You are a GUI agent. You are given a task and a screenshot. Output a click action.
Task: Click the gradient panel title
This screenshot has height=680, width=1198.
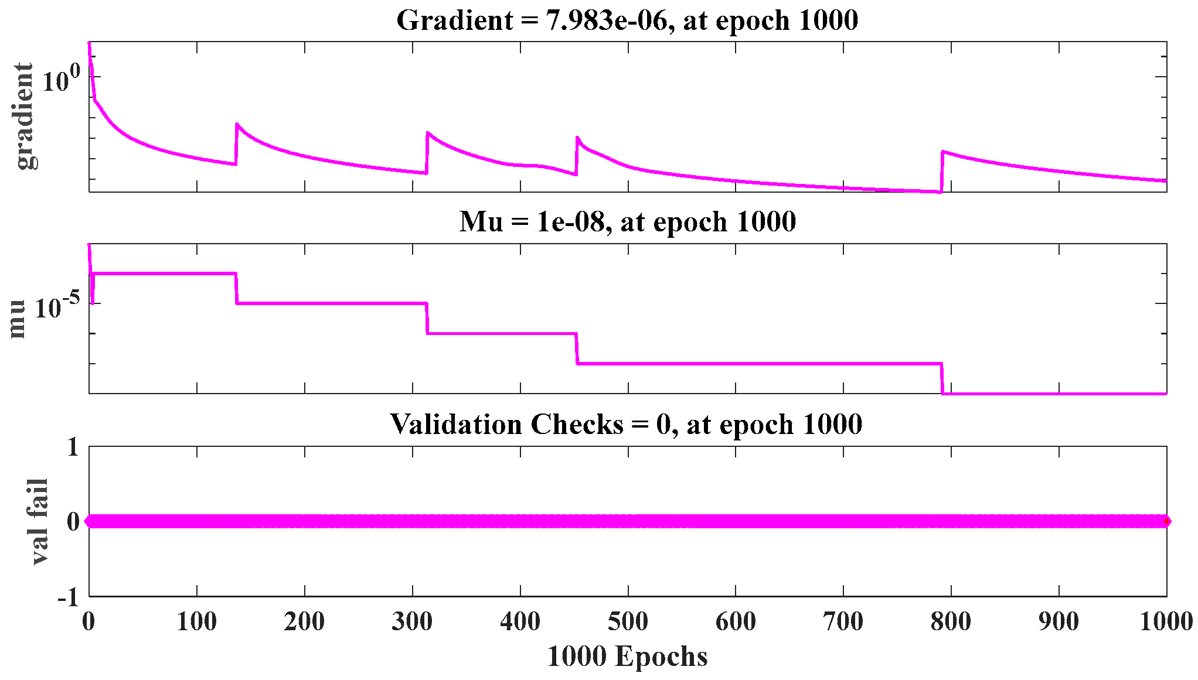(x=627, y=20)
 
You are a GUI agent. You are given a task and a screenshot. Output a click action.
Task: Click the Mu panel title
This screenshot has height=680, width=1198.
(x=627, y=222)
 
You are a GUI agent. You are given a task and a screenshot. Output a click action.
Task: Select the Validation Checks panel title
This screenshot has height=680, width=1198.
(x=626, y=424)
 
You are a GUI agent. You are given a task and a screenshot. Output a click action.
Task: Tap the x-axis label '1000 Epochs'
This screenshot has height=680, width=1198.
(x=627, y=657)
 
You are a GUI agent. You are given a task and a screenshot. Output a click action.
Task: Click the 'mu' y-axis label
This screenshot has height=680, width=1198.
(x=18, y=319)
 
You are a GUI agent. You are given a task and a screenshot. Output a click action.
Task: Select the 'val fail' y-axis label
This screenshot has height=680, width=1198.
(x=39, y=521)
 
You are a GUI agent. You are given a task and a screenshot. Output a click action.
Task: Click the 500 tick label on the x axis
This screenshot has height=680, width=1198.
(x=628, y=621)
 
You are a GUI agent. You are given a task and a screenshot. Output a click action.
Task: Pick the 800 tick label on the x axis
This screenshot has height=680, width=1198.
(x=951, y=621)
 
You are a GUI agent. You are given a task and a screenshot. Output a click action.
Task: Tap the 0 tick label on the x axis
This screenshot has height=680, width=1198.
(x=89, y=621)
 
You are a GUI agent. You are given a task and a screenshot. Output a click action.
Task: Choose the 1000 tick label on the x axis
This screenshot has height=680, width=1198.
(x=1166, y=621)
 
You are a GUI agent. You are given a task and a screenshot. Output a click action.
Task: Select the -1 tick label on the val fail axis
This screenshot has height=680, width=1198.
(x=68, y=598)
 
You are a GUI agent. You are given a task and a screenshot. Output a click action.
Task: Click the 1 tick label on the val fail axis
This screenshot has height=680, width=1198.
(x=73, y=448)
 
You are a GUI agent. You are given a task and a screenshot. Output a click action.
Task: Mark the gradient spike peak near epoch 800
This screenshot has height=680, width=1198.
(x=942, y=152)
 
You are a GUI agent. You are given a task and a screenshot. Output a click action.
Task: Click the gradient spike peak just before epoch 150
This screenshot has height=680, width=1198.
(x=237, y=124)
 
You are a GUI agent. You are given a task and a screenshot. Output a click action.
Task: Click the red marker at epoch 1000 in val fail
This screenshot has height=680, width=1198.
(x=1166, y=521)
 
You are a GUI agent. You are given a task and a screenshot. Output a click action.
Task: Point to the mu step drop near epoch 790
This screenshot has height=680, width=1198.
(x=942, y=378)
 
